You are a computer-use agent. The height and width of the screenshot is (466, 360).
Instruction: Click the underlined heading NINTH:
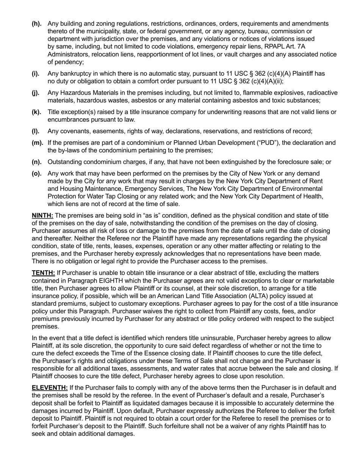point(42,216)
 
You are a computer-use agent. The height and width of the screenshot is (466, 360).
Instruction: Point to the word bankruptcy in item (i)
point(77,73)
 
